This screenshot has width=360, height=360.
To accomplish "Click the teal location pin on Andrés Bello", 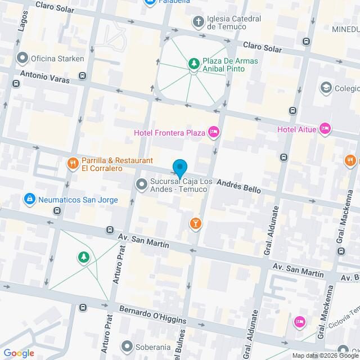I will click(179, 169).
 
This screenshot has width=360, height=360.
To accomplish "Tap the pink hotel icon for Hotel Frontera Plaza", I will click(213, 132).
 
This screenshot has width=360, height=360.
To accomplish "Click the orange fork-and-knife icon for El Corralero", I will click(72, 164).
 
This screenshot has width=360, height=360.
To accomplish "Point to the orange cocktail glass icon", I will click(195, 224).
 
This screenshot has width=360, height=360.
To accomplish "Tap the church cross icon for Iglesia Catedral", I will click(198, 22).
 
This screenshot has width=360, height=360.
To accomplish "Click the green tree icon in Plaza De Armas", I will click(193, 63).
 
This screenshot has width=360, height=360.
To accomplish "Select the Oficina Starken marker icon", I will click(22, 58).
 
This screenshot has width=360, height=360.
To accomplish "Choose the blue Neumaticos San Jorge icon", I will click(29, 199).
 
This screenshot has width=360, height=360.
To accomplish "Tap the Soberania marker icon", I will click(128, 346).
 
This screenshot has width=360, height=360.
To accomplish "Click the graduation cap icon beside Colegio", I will click(326, 88).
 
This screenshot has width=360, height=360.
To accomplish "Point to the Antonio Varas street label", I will click(45, 76).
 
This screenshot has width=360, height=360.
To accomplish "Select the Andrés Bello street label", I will click(238, 186).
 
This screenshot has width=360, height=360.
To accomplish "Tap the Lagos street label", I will click(24, 25).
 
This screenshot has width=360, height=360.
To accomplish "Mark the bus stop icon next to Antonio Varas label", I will click(83, 76).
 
